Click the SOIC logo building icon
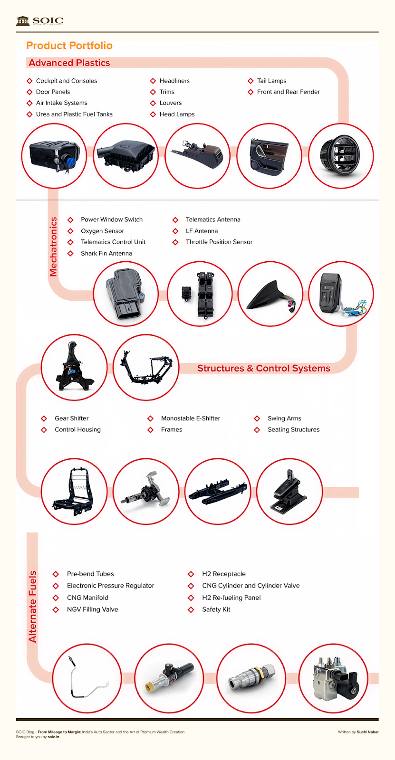pos(23,21)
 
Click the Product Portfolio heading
pos(69,46)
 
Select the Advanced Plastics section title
pos(69,63)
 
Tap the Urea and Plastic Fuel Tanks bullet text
pos(74,114)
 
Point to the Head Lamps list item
pos(177,114)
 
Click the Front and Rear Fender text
pos(289,92)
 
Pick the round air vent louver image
pos(341,156)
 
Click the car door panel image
pos(269,156)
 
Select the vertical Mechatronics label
pos(53,247)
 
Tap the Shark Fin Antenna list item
pos(106,253)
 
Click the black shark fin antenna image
pos(270,294)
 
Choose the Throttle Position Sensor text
pos(219,242)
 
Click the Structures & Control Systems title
pos(263,368)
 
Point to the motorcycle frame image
pos(146,367)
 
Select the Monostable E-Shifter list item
pos(191,418)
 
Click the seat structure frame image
pos(74,492)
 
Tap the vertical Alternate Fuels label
pos(32,607)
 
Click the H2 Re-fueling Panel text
pos(231,598)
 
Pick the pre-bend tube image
pos(87,678)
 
